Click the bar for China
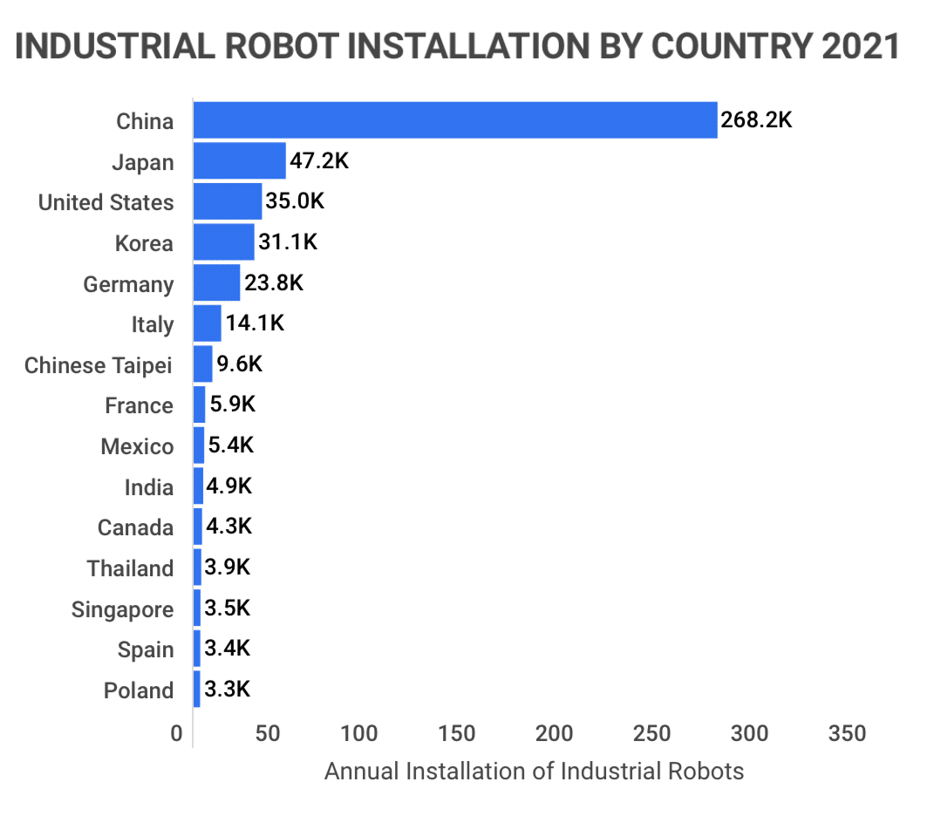(454, 120)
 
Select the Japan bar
(239, 161)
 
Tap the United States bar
(227, 202)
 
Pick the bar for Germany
(216, 283)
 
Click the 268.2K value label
(756, 120)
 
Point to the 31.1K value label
(288, 242)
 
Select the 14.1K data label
(255, 324)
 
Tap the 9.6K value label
(240, 364)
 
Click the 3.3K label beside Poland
(228, 690)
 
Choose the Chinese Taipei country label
(98, 365)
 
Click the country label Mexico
(137, 446)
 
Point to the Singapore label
(122, 609)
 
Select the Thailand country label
(130, 568)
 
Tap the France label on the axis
(139, 405)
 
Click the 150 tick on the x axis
(456, 733)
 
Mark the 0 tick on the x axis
(178, 733)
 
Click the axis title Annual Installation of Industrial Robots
(534, 771)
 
